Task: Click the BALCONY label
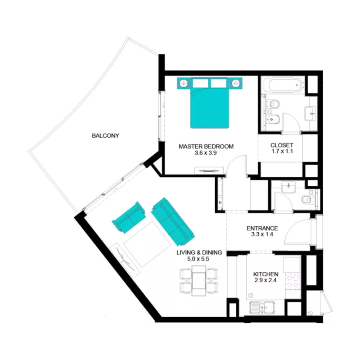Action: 105,135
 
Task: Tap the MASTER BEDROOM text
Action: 206,146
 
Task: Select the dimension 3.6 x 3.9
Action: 206,153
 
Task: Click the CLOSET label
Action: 282,145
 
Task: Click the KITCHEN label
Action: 265,274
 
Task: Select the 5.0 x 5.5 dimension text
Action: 193,260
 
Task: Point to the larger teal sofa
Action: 172,219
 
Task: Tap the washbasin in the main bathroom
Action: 310,112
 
